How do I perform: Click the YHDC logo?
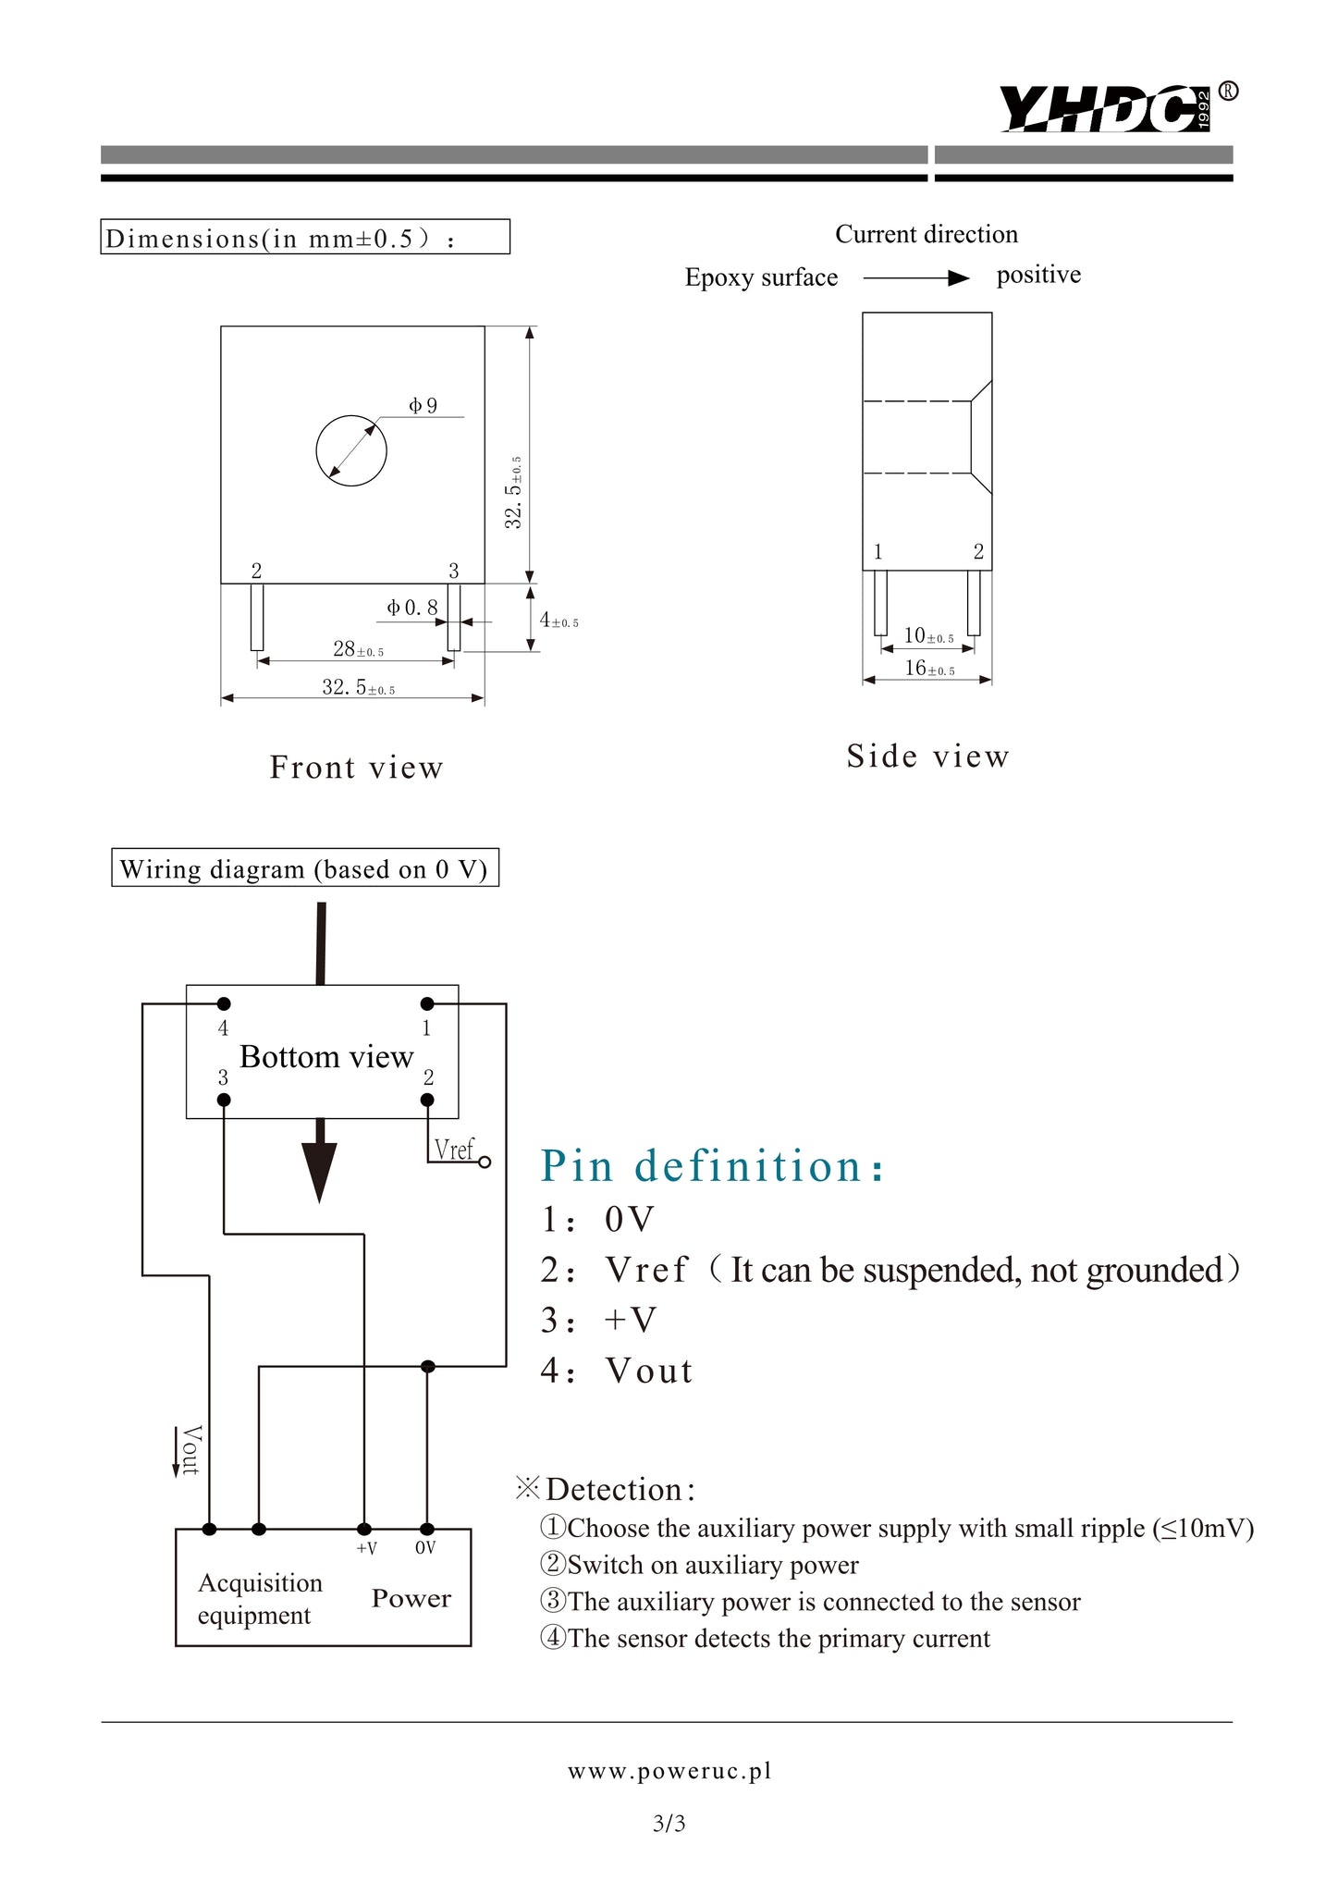coord(1105,108)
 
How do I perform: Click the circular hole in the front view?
coord(351,450)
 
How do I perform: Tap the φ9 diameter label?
coord(423,405)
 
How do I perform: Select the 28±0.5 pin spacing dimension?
coord(358,650)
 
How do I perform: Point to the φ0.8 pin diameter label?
coord(412,608)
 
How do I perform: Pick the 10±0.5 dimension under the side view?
coord(928,636)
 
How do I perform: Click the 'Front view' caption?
coord(356,768)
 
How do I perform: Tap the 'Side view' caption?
coord(927,756)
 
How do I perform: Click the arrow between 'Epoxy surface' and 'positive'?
coord(915,278)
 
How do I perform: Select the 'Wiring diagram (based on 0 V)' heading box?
coord(305,868)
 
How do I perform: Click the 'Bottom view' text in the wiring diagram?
coord(326,1057)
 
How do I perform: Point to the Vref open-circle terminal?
coord(485,1162)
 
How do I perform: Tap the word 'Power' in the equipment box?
coord(411,1599)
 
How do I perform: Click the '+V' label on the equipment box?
coord(366,1549)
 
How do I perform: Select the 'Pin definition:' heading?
coord(712,1165)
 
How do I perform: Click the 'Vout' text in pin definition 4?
coord(649,1371)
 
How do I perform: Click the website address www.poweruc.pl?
coord(669,1771)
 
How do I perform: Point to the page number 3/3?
coord(669,1823)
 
